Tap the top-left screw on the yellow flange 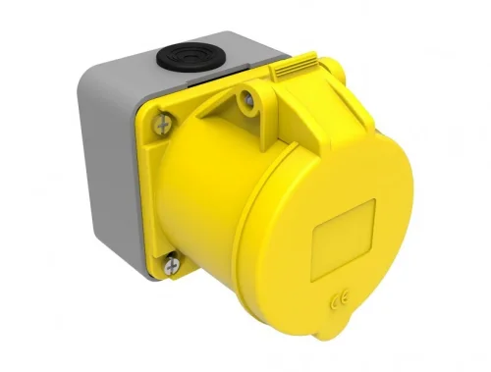click(162, 123)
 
